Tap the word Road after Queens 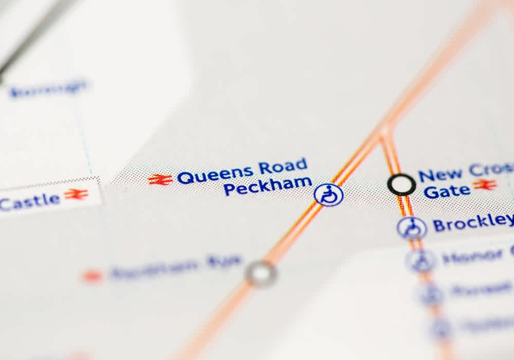click(x=282, y=167)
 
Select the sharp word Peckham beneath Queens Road click(x=267, y=186)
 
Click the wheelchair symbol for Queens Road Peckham click(x=328, y=195)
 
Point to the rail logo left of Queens click(x=160, y=179)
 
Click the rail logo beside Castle click(x=76, y=194)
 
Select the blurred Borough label click(x=49, y=88)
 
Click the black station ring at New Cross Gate click(x=401, y=185)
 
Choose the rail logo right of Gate click(x=485, y=185)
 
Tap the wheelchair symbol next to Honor click(x=421, y=261)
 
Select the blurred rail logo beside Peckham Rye click(x=93, y=276)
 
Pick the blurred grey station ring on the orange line click(x=261, y=273)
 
